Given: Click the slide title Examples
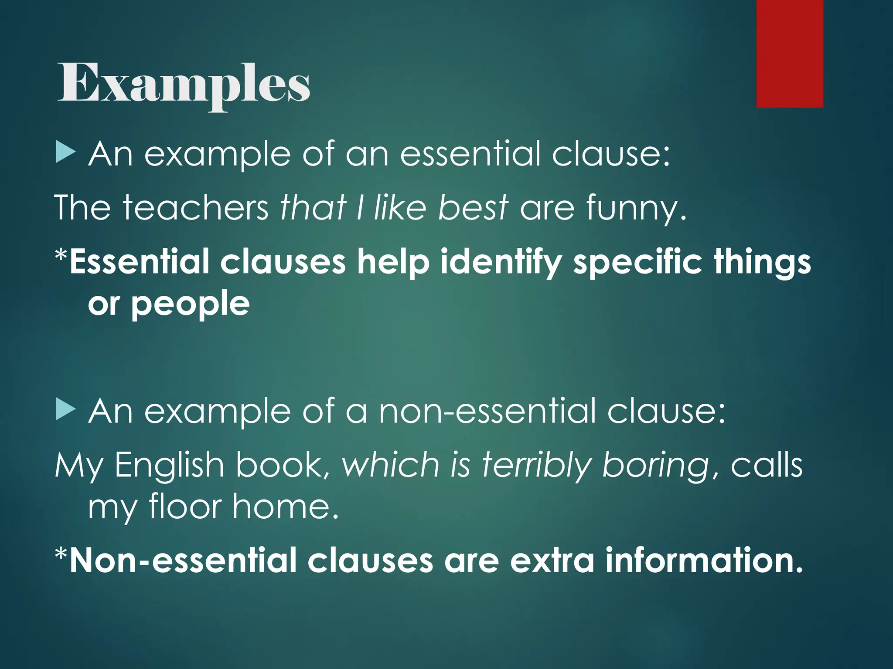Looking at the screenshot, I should (x=184, y=84).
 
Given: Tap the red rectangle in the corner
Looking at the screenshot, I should (x=789, y=53).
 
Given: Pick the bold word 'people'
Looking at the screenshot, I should (x=191, y=305).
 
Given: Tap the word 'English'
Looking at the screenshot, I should (x=170, y=465).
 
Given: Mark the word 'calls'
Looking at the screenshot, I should (x=766, y=465).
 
